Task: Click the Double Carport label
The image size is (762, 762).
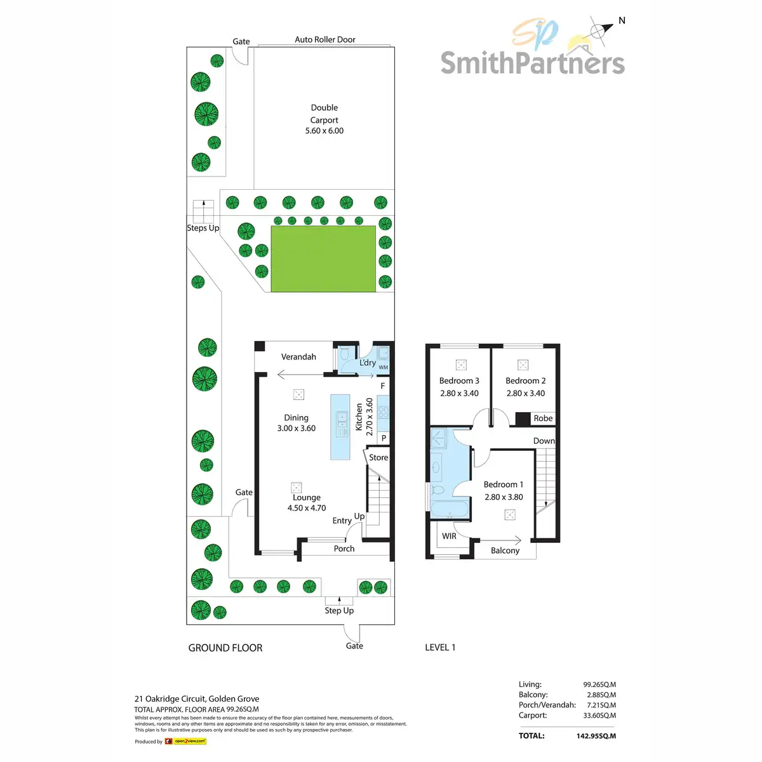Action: click(324, 114)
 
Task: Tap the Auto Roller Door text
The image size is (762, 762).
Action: click(325, 39)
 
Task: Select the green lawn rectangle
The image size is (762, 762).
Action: click(323, 259)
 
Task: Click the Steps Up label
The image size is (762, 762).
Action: click(203, 228)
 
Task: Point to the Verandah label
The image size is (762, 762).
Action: click(298, 357)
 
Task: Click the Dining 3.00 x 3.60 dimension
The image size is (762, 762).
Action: click(296, 429)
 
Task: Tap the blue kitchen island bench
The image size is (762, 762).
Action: click(340, 427)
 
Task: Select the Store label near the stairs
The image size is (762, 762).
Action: click(378, 457)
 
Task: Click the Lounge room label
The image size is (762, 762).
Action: click(307, 498)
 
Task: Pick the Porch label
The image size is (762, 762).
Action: click(344, 549)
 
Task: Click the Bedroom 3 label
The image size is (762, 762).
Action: click(459, 381)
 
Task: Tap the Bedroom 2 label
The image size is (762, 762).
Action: click(525, 381)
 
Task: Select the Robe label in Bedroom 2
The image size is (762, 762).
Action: click(543, 418)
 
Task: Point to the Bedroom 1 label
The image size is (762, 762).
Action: click(504, 485)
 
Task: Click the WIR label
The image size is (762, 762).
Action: click(449, 536)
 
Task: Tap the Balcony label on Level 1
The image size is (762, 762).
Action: click(505, 551)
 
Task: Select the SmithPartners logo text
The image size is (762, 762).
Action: click(532, 63)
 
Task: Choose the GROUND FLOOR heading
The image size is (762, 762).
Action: click(225, 648)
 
